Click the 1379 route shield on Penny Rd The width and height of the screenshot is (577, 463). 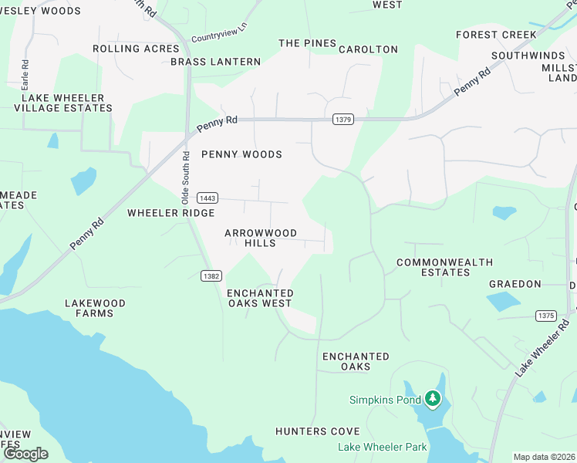[x=343, y=120]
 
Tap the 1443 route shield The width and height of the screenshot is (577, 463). [x=206, y=198]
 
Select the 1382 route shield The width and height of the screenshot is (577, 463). [x=211, y=275]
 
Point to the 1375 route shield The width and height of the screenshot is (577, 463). [x=545, y=316]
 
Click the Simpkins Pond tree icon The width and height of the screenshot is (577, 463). [x=433, y=399]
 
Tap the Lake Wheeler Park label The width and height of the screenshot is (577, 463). [x=382, y=447]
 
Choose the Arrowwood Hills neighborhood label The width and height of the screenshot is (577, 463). [x=260, y=238]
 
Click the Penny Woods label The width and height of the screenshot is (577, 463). [x=241, y=154]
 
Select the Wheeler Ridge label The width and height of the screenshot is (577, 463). [x=170, y=213]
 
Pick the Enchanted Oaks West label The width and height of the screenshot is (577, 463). [x=260, y=298]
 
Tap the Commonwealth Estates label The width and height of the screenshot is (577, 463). [x=444, y=267]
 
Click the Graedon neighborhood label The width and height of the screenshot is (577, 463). [x=515, y=284]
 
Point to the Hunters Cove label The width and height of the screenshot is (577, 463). [x=317, y=431]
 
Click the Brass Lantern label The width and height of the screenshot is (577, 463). [x=215, y=62]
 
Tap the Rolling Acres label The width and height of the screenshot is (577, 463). [x=136, y=49]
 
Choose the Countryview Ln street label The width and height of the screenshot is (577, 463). [x=218, y=35]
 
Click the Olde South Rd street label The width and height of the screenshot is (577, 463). [x=186, y=177]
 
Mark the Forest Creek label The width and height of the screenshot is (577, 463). [x=496, y=35]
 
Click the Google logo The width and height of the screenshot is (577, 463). [x=26, y=454]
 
